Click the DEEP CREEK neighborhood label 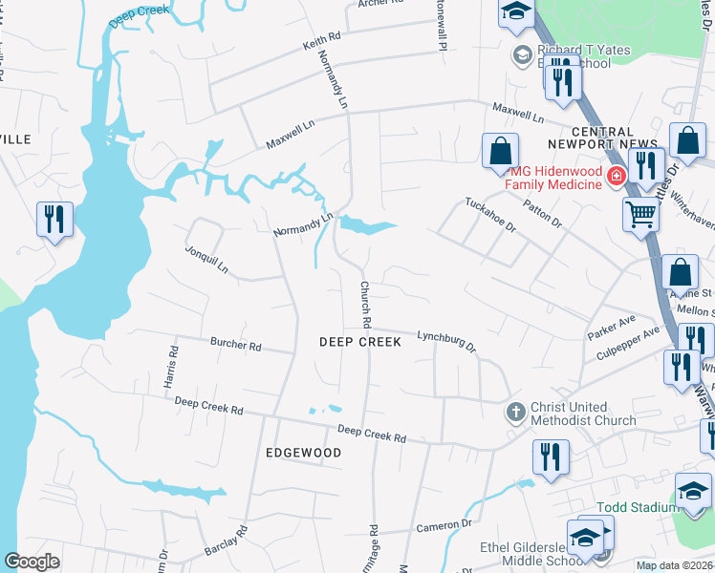(x=359, y=342)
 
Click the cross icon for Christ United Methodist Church (x=515, y=412)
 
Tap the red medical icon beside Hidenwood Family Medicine (x=617, y=176)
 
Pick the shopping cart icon (x=640, y=215)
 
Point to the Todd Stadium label (x=635, y=507)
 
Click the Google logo (x=32, y=562)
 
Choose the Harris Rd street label (x=173, y=365)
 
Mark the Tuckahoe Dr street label (x=490, y=215)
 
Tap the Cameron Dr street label (x=444, y=525)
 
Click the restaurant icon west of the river (x=54, y=220)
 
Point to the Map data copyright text (x=674, y=565)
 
